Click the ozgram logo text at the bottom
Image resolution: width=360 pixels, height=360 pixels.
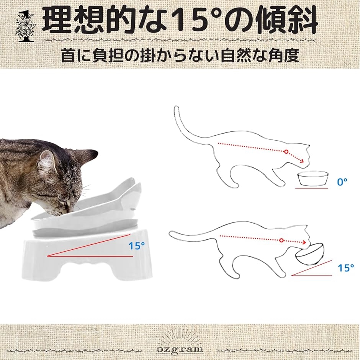pyautogui.click(x=180, y=349)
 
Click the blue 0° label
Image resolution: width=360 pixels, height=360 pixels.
pyautogui.click(x=342, y=182)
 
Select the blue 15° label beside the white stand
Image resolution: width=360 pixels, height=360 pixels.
pyautogui.click(x=137, y=246)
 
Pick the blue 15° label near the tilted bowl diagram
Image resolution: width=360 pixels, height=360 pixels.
pyautogui.click(x=346, y=268)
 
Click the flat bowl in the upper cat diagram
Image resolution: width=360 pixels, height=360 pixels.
pyautogui.click(x=313, y=178)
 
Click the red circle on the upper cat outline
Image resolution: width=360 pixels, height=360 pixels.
pyautogui.click(x=286, y=152)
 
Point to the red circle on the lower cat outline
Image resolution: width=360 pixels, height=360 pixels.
pyautogui.click(x=281, y=241)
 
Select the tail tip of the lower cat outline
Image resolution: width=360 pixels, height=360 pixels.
pyautogui.click(x=171, y=234)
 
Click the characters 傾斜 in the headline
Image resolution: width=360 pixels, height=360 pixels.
pyautogui.click(x=287, y=21)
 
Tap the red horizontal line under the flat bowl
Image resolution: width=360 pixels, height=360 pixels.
pyautogui.click(x=312, y=188)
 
